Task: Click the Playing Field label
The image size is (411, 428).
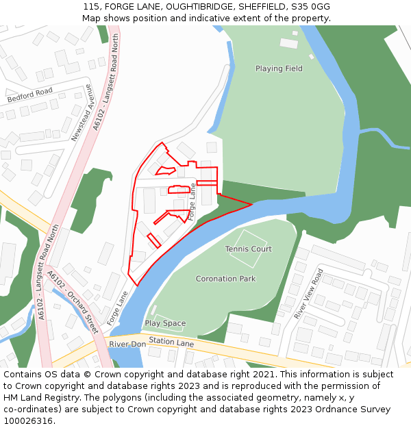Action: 279,68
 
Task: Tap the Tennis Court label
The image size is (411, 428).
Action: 249,249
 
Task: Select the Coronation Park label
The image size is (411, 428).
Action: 225,279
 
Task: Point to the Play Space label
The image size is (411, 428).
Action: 165,323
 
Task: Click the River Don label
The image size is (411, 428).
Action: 127,344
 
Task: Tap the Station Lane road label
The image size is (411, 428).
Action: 171,341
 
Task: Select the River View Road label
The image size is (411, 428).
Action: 308,294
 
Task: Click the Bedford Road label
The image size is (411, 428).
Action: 29,95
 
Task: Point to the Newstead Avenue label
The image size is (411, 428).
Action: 82,113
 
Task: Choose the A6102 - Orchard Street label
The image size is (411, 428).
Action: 73,302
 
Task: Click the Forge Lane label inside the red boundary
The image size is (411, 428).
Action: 192,201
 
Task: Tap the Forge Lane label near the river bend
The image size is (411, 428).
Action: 117,308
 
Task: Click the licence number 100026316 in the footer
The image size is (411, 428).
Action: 27,421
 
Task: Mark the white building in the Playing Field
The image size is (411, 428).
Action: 289,43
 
